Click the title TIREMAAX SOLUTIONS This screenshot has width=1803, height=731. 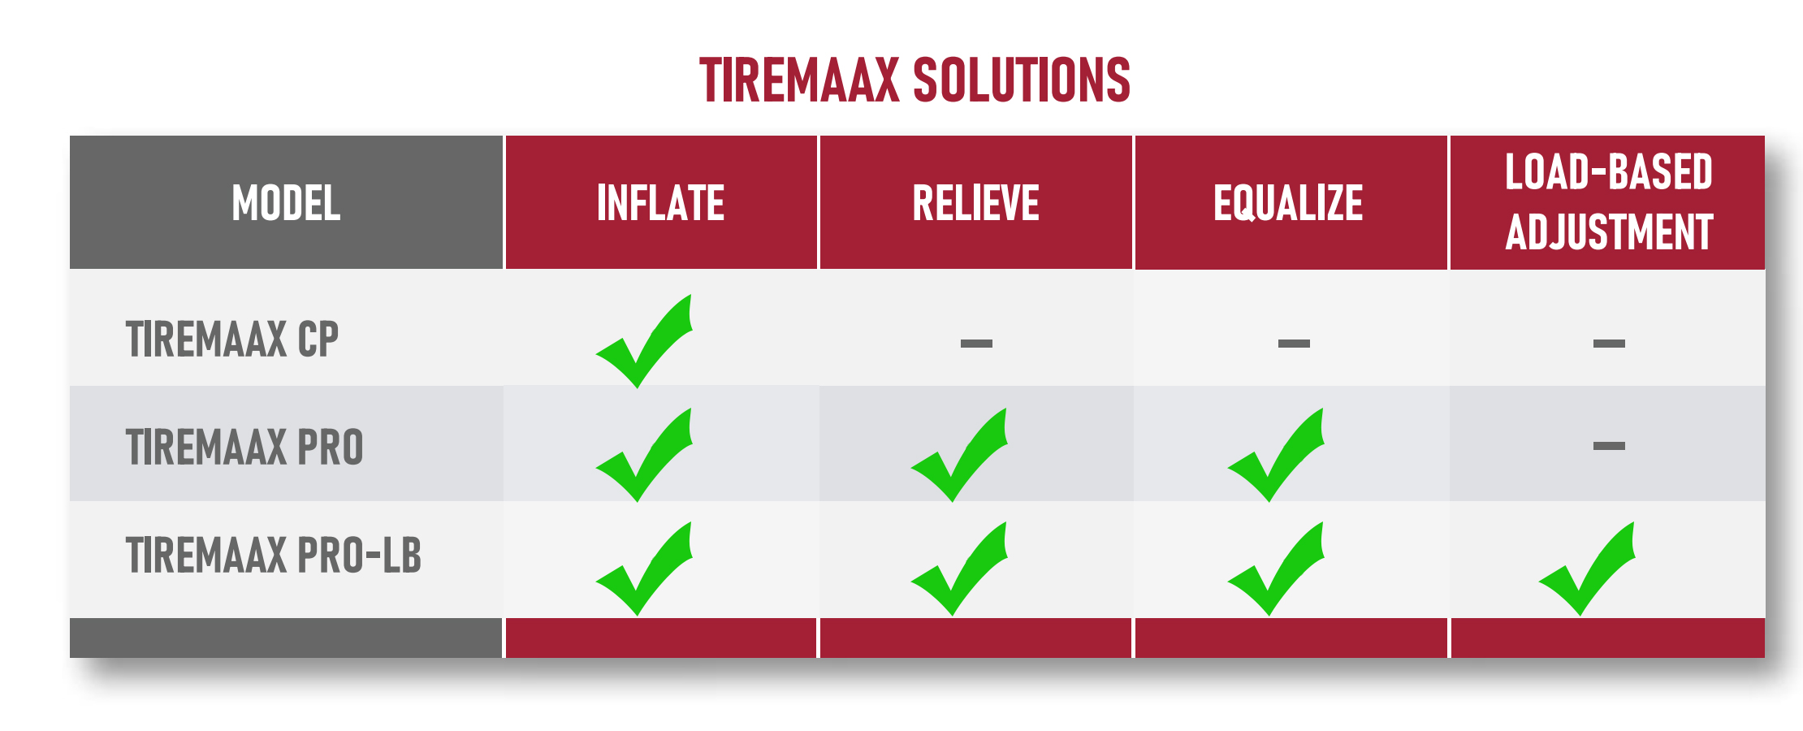(x=914, y=80)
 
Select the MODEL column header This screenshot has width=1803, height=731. (x=286, y=203)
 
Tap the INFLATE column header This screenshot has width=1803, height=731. (x=660, y=203)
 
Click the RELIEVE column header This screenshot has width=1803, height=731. (x=975, y=203)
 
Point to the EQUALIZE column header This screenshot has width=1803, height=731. (x=1288, y=203)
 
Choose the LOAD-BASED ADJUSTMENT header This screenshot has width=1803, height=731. (x=1609, y=202)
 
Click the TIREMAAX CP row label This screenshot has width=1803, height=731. (x=232, y=340)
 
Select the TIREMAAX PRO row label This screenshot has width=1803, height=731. (x=244, y=448)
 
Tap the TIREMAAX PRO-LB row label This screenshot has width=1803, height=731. (x=274, y=556)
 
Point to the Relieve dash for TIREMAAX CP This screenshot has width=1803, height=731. (x=976, y=344)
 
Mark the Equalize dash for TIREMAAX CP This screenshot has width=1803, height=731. (x=1294, y=344)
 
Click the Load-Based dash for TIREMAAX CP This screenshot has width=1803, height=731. (x=1609, y=344)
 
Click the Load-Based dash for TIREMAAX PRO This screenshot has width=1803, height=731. (x=1609, y=446)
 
